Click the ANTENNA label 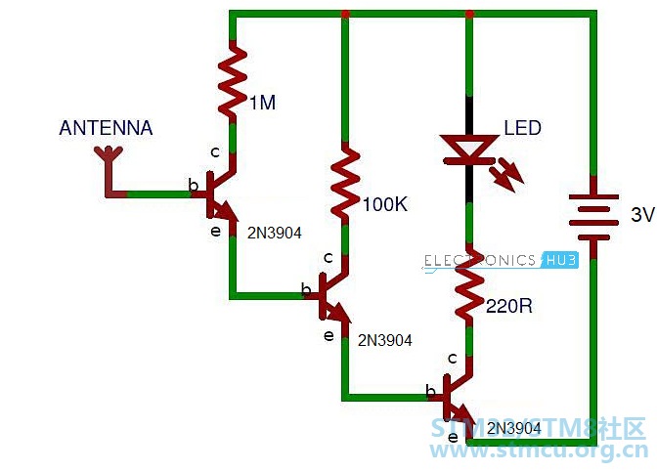pyautogui.click(x=106, y=128)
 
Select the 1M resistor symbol pyautogui.click(x=233, y=79)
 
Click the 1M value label pyautogui.click(x=263, y=103)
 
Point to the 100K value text pyautogui.click(x=384, y=204)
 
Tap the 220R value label pyautogui.click(x=509, y=306)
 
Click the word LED pyautogui.click(x=522, y=128)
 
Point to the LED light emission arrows pyautogui.click(x=508, y=175)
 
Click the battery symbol pyautogui.click(x=593, y=217)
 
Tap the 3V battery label pyautogui.click(x=642, y=214)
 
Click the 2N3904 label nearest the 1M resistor pyautogui.click(x=275, y=233)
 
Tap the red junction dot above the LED pyautogui.click(x=469, y=15)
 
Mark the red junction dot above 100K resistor pyautogui.click(x=345, y=15)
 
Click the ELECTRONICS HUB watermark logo pyautogui.click(x=501, y=261)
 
